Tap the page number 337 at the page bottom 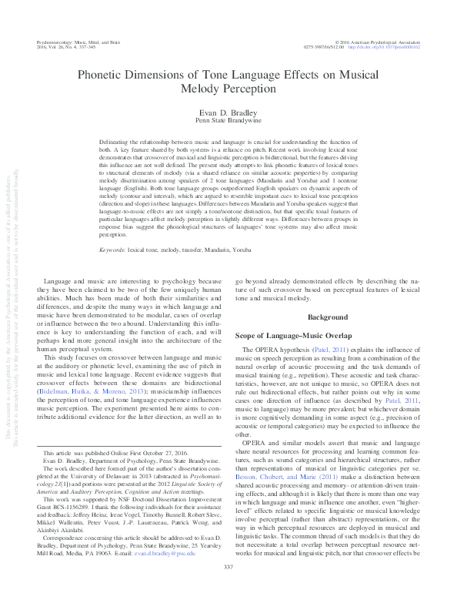click(228, 588)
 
